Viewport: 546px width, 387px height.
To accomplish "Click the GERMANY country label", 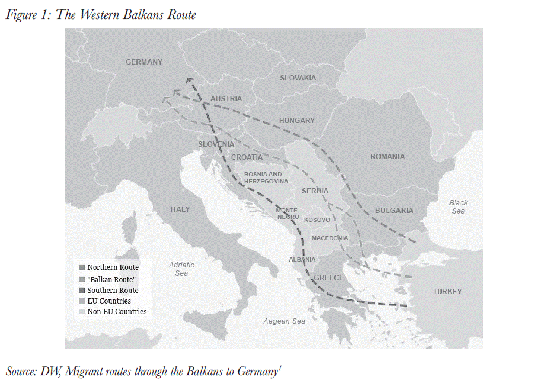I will (x=143, y=62).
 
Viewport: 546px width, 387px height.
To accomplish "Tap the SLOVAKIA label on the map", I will (x=298, y=78).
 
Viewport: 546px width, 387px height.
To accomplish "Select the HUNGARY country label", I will (x=296, y=121).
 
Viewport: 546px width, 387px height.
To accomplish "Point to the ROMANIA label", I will (x=387, y=157).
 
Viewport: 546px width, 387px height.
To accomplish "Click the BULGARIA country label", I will (x=394, y=211).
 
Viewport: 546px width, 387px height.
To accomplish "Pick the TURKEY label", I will (x=446, y=292).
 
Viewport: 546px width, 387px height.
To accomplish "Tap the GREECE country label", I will (x=328, y=278).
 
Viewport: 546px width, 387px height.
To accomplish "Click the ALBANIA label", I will (x=302, y=260).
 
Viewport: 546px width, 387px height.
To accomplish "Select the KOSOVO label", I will (x=317, y=220).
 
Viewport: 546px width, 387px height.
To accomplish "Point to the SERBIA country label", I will (x=315, y=191).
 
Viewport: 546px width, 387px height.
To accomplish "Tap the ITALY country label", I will (x=180, y=209).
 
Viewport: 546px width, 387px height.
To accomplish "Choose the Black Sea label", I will (x=458, y=207).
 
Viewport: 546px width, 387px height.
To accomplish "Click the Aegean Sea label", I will (x=285, y=321).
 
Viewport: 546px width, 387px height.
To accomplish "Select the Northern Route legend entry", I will (x=112, y=267).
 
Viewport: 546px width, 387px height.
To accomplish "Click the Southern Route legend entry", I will (x=112, y=291).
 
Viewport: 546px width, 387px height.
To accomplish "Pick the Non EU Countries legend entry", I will (x=116, y=312).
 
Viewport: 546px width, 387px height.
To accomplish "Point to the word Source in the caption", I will (x=21, y=372).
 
